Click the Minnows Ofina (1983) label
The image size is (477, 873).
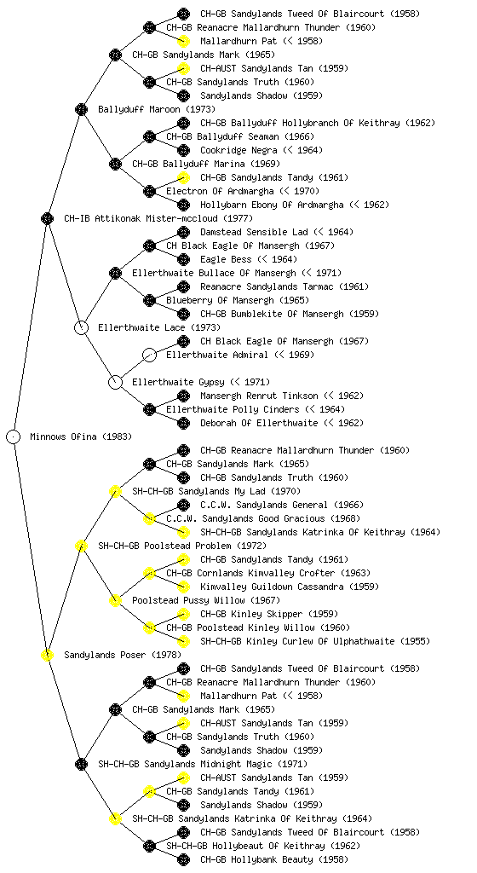[x=81, y=436]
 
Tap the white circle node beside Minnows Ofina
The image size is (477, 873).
[x=14, y=436]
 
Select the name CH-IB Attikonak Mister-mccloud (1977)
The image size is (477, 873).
[x=158, y=218]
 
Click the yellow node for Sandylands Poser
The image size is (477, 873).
[x=47, y=655]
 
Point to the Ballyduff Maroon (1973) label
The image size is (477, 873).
[x=157, y=109]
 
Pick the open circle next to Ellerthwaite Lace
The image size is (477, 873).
[x=81, y=327]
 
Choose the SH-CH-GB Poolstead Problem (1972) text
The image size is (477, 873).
[x=182, y=546]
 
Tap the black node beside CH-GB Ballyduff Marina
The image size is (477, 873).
[x=115, y=164]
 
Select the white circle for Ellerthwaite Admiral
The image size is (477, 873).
[x=149, y=355]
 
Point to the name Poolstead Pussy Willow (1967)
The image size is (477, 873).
[x=206, y=600]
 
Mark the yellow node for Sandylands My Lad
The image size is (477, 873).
[x=115, y=491]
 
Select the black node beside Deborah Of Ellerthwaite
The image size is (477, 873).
[x=183, y=423]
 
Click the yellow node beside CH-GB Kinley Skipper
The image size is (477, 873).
[x=183, y=614]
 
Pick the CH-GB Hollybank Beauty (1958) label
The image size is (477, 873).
[x=274, y=859]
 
